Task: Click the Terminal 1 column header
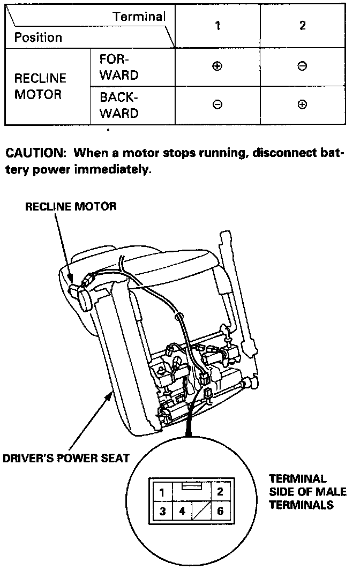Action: tap(217, 26)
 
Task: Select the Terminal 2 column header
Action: tap(302, 26)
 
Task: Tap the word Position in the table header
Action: tap(38, 37)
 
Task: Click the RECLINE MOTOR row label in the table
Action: tap(40, 86)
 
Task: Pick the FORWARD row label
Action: tap(118, 67)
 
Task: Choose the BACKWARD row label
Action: tap(118, 106)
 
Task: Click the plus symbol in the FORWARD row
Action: tap(217, 67)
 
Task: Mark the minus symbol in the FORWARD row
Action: tap(302, 67)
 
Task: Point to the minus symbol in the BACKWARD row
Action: tap(217, 105)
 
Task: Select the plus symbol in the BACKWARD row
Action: tap(302, 105)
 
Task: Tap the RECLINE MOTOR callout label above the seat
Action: tap(71, 206)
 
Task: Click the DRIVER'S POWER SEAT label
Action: tap(66, 458)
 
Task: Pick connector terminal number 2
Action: tap(220, 491)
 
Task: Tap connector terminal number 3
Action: tap(162, 511)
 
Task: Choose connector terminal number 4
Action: tap(182, 511)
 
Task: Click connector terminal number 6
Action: tap(220, 511)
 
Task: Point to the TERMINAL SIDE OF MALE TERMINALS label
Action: tap(307, 491)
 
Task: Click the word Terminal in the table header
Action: tap(140, 17)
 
